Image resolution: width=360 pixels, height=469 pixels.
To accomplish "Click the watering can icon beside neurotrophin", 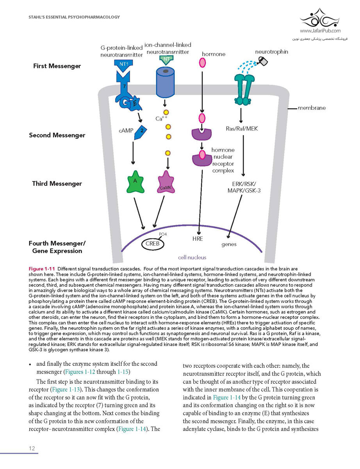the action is pyautogui.click(x=262, y=61).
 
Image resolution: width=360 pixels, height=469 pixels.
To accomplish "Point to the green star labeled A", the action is pyautogui.click(x=135, y=182).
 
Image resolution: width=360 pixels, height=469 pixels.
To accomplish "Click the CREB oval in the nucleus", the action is pyautogui.click(x=153, y=244).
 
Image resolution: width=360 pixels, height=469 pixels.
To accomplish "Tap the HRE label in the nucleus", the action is pyautogui.click(x=198, y=239).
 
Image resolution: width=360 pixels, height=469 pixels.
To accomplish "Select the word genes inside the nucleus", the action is pyautogui.click(x=229, y=245).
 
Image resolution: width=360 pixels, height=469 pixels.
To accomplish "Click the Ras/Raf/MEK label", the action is pyautogui.click(x=242, y=129).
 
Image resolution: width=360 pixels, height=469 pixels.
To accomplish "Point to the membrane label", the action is pyautogui.click(x=312, y=108).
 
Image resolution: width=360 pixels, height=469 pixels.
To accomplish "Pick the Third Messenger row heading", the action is pyautogui.click(x=57, y=183).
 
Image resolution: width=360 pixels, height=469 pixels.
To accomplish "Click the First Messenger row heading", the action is pyautogui.click(x=57, y=66).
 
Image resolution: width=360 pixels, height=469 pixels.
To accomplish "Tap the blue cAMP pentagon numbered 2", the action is pyautogui.click(x=140, y=132).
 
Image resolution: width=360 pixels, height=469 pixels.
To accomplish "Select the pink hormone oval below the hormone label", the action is pyautogui.click(x=202, y=63).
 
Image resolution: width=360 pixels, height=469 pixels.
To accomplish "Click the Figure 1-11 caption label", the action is pyautogui.click(x=42, y=269).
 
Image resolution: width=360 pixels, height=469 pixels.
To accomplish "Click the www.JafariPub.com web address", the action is pyautogui.click(x=320, y=31).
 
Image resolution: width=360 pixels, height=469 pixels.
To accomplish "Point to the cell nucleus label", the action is pyautogui.click(x=192, y=257).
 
